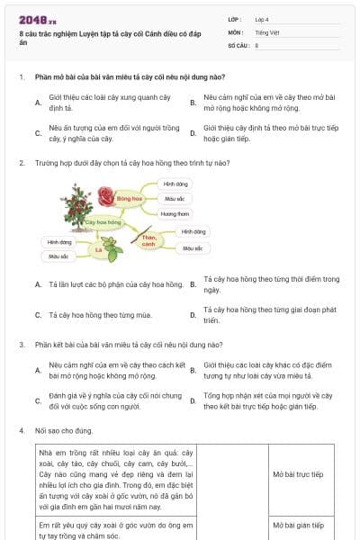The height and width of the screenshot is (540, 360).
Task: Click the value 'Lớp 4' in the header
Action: click(x=261, y=19)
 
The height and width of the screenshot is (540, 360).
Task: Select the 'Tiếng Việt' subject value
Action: click(x=265, y=31)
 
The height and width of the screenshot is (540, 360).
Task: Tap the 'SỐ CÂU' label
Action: click(x=238, y=44)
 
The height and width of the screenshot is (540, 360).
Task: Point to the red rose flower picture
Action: click(x=105, y=195)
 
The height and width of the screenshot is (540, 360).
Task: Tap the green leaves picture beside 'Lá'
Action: click(x=112, y=246)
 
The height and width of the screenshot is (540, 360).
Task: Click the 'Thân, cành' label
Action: click(x=148, y=240)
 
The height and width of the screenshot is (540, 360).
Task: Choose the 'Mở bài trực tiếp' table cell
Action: click(x=298, y=474)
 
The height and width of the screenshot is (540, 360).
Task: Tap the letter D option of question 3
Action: click(x=193, y=400)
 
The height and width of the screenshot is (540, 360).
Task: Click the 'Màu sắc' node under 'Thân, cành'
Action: click(x=193, y=247)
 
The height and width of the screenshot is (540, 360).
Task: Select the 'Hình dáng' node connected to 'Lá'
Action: click(x=59, y=242)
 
